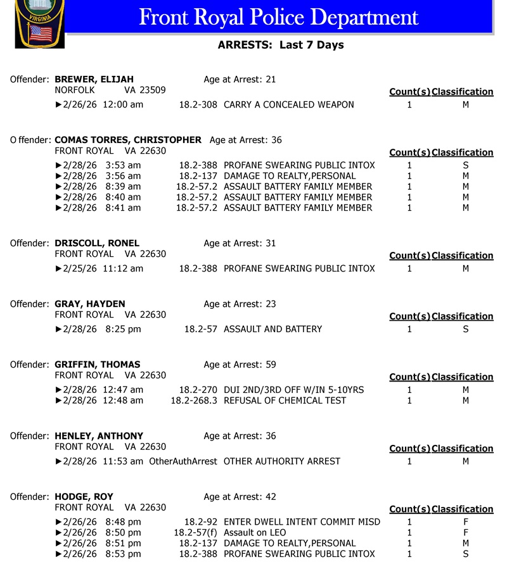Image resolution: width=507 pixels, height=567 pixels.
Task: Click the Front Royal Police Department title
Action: click(x=278, y=17)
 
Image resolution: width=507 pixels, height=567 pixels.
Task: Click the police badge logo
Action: click(x=39, y=24)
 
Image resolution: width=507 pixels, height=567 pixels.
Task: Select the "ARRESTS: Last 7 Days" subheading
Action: click(x=280, y=45)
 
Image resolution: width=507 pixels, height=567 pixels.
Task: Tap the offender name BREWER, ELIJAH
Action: click(x=94, y=80)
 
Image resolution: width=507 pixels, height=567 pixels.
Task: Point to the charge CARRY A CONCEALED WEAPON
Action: click(x=288, y=104)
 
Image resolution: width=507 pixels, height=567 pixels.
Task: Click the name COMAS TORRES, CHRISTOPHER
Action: click(x=128, y=140)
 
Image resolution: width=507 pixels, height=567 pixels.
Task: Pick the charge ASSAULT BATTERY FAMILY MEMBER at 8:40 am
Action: click(x=298, y=197)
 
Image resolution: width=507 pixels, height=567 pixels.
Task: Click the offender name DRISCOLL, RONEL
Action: click(x=97, y=244)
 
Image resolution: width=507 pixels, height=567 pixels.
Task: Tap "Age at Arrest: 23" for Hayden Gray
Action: click(x=240, y=304)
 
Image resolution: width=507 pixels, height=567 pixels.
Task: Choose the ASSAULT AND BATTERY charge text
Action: click(x=273, y=329)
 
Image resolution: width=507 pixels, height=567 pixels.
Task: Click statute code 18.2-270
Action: click(x=198, y=390)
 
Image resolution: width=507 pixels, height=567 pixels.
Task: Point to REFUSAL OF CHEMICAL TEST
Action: click(x=285, y=401)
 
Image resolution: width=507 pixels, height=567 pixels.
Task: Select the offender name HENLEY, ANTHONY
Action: click(x=99, y=437)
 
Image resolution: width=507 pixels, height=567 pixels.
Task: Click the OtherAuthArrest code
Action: click(x=183, y=461)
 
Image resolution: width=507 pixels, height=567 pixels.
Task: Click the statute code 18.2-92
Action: click(x=201, y=522)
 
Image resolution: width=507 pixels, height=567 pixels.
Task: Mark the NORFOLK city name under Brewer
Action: click(x=75, y=90)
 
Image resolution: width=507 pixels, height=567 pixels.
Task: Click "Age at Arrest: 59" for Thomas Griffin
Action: click(x=240, y=365)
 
